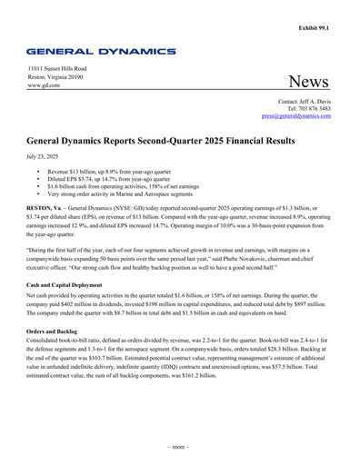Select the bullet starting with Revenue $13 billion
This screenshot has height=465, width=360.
coord(123,171)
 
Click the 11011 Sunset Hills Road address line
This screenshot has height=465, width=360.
coord(56,69)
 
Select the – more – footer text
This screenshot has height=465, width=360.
coord(180,448)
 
